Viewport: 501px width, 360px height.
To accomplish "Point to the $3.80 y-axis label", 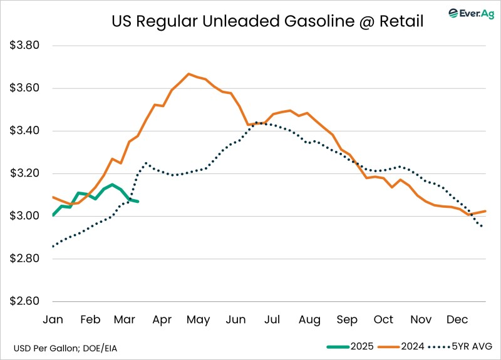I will click(x=24, y=46).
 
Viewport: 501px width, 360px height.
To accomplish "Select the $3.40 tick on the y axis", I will click(x=24, y=131).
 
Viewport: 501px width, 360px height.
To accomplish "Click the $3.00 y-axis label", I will click(x=24, y=216).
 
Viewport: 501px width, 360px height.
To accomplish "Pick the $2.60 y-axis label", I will click(x=24, y=301).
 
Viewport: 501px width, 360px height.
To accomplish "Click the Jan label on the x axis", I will click(x=54, y=320).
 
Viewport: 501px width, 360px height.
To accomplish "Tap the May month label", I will click(x=199, y=320).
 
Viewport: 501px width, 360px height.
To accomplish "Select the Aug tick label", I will click(x=309, y=320).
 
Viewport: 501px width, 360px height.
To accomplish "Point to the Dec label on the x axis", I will click(x=457, y=320).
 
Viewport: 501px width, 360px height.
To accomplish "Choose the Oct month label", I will click(x=383, y=320).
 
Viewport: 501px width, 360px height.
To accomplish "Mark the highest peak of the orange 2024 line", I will click(x=189, y=74).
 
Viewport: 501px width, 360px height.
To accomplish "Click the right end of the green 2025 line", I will click(x=138, y=201).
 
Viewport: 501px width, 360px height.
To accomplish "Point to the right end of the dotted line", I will click(x=482, y=227).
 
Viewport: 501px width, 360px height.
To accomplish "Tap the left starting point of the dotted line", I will click(x=53, y=246).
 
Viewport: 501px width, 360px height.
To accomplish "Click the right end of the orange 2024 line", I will click(x=485, y=211).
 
